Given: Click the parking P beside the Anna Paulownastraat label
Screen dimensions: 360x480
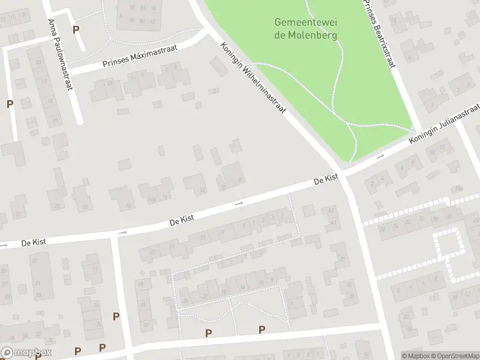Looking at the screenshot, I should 76,29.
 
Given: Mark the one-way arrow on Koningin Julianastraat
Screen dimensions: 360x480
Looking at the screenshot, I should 380,157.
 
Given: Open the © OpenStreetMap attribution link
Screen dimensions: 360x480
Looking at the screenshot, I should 454,356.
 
